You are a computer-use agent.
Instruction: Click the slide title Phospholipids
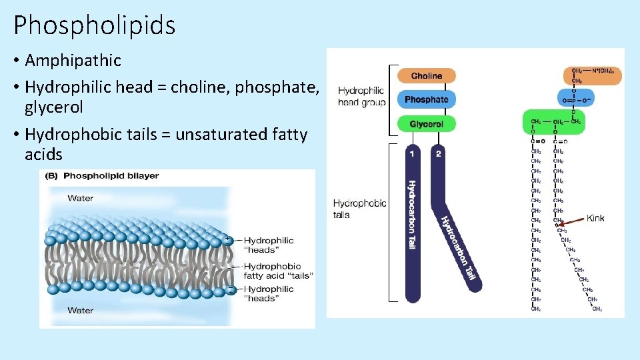tap(94, 25)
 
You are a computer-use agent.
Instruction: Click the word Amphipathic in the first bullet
tap(73, 61)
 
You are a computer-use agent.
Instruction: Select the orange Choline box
tap(426, 76)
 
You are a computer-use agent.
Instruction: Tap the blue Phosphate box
tap(426, 99)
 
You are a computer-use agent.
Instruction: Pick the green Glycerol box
tap(426, 124)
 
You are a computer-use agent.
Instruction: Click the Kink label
tap(595, 218)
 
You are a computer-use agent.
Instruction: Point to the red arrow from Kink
tap(572, 221)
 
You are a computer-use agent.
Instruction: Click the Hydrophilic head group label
tap(361, 96)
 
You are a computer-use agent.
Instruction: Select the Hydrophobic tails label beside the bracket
tap(359, 209)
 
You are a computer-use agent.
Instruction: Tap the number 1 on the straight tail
tap(411, 153)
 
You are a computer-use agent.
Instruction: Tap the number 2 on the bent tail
tap(438, 153)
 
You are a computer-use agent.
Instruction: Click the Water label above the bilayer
tap(80, 198)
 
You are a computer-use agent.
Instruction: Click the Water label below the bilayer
tap(80, 310)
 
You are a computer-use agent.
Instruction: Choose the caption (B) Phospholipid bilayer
tap(101, 176)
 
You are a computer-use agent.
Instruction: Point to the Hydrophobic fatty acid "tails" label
tap(277, 271)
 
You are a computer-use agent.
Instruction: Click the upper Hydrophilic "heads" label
tap(268, 245)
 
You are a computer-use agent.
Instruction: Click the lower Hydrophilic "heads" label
tap(268, 293)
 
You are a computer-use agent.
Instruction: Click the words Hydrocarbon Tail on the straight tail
tap(411, 215)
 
